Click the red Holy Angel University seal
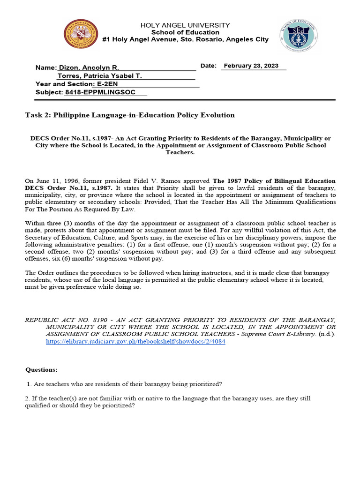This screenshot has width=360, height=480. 82,36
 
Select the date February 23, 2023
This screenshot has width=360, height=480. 251,66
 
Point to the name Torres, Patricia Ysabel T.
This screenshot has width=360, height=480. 99,76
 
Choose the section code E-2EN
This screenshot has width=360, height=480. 108,84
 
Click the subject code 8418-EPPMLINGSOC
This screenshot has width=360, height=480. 100,92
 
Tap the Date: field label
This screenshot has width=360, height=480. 208,66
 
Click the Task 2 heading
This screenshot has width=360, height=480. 129,115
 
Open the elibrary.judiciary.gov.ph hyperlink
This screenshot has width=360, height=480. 135,342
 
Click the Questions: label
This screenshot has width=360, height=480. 42,370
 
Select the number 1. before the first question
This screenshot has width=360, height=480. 29,384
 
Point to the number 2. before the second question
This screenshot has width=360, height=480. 28,398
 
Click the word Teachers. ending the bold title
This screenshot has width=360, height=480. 180,153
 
